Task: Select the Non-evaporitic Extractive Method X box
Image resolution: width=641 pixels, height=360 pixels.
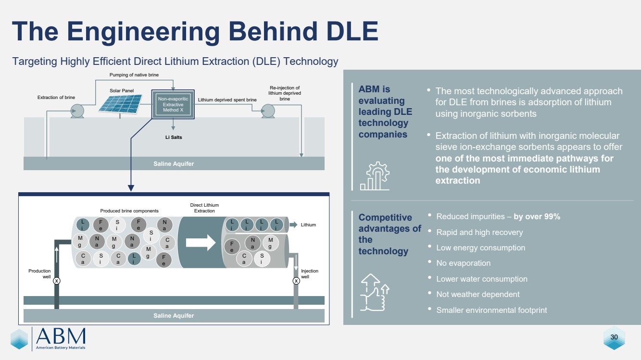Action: point(173,104)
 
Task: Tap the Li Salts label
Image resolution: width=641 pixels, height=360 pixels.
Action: point(173,137)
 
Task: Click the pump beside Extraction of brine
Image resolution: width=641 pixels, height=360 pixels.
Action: point(77,111)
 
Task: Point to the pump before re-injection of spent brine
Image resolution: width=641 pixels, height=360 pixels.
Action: point(268,111)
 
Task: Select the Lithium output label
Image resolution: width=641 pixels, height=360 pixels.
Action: point(308,225)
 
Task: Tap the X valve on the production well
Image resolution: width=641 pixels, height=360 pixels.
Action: point(57,281)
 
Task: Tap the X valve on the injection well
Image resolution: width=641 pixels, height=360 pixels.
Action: point(296,281)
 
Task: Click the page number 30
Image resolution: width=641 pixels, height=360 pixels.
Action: point(614,337)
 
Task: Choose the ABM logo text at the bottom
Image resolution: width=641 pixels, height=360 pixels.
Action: point(61,335)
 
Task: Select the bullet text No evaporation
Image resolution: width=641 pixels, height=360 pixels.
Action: point(463,263)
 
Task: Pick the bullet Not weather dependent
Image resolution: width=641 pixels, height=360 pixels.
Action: point(478,295)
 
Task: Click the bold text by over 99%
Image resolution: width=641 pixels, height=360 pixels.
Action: point(537,217)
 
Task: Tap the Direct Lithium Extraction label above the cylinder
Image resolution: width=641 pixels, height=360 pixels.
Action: point(204,208)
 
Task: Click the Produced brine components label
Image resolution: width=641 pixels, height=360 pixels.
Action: point(129,211)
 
